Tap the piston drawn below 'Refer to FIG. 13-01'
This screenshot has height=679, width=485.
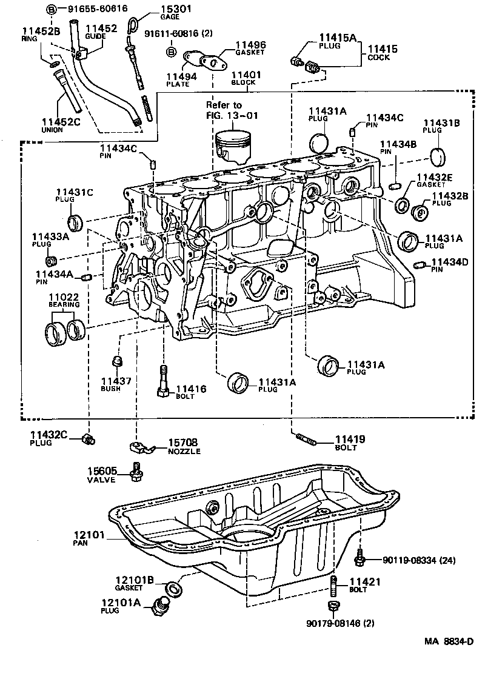click(x=233, y=146)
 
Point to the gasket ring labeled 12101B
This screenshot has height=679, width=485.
click(x=173, y=587)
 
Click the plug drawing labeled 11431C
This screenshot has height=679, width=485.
click(x=75, y=222)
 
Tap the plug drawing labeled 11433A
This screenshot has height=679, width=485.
click(x=52, y=260)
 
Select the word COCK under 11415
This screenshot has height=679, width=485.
click(x=379, y=58)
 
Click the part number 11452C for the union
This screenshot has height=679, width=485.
click(x=61, y=122)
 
